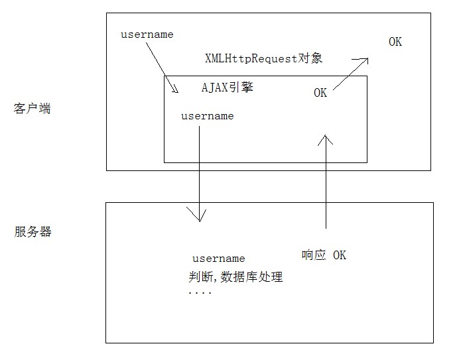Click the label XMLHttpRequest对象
tap(264, 58)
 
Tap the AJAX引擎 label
tap(227, 88)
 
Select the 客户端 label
tap(33, 109)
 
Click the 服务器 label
tap(33, 232)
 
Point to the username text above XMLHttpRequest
tap(147, 34)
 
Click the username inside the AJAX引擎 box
tap(208, 116)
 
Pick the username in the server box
tap(219, 259)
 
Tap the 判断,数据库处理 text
tap(235, 276)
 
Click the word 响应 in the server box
tap(314, 255)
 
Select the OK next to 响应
tap(340, 255)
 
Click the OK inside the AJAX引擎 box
tap(320, 93)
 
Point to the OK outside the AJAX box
tap(395, 42)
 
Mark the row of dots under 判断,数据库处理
tap(200, 292)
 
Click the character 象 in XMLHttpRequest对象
tap(317, 58)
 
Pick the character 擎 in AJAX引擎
tap(247, 88)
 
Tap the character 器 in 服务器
tap(46, 232)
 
